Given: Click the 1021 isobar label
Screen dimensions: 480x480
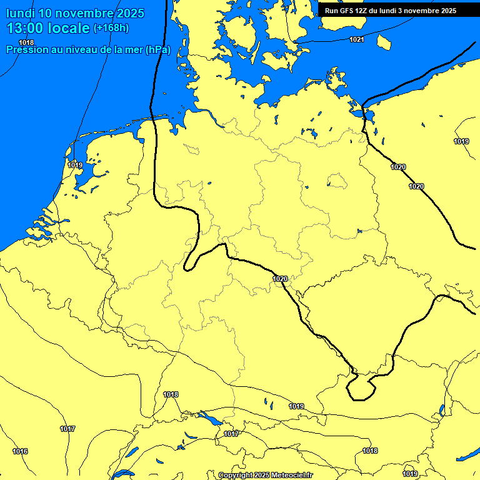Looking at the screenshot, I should [x=356, y=39].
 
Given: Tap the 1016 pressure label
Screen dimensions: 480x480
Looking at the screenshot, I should [x=20, y=451].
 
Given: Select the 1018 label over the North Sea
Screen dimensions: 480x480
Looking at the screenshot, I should [x=26, y=42].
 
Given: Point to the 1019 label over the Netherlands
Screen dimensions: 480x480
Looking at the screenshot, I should [x=75, y=165].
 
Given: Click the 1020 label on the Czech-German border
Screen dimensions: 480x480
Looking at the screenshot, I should [x=280, y=279].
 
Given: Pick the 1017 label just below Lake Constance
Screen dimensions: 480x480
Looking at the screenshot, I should [x=231, y=434].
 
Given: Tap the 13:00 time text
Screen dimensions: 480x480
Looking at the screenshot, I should [x=24, y=28].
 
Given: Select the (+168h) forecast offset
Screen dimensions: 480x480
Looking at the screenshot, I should [x=111, y=28].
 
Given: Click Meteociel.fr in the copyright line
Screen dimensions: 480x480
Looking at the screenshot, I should [x=292, y=476].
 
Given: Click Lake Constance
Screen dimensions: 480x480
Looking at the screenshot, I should [x=209, y=417].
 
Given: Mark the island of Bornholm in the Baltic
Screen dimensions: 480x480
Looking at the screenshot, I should [x=383, y=42].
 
